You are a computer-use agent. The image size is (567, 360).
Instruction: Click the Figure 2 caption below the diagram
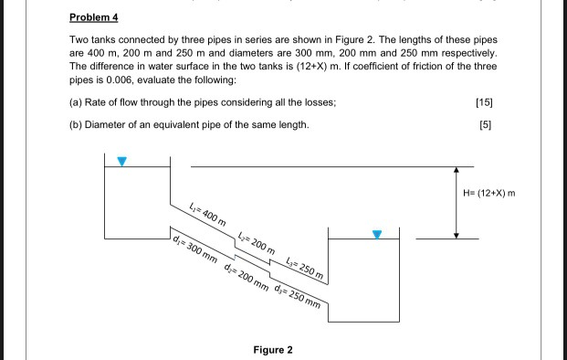(273, 350)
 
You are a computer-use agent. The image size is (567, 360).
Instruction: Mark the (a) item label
(77, 101)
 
